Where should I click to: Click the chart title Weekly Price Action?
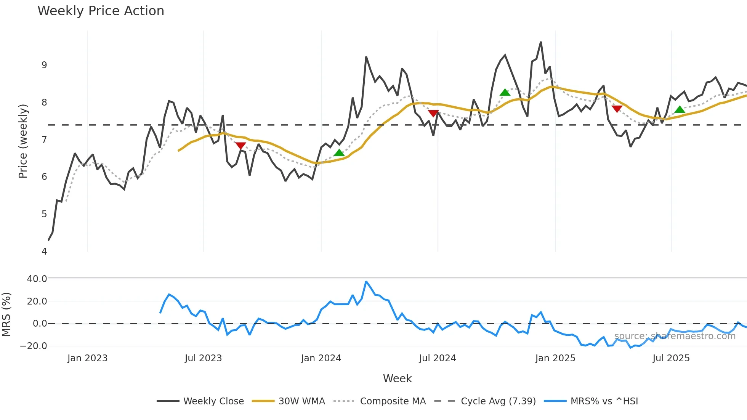[101, 11]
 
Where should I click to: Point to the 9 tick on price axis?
[44, 65]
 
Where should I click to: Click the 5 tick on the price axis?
[44, 214]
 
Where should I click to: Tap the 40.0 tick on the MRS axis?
[37, 279]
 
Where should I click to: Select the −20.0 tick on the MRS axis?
[34, 346]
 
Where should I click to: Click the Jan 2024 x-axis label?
[321, 358]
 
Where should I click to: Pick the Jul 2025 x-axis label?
[671, 358]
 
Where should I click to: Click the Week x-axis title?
[397, 378]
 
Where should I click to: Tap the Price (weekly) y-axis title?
[23, 141]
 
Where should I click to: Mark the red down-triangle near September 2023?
[240, 146]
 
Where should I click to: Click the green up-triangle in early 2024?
[339, 153]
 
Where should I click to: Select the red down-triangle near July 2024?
[433, 113]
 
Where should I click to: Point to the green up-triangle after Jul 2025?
[680, 110]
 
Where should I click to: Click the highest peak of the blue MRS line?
[366, 282]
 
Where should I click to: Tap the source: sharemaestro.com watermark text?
[675, 336]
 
